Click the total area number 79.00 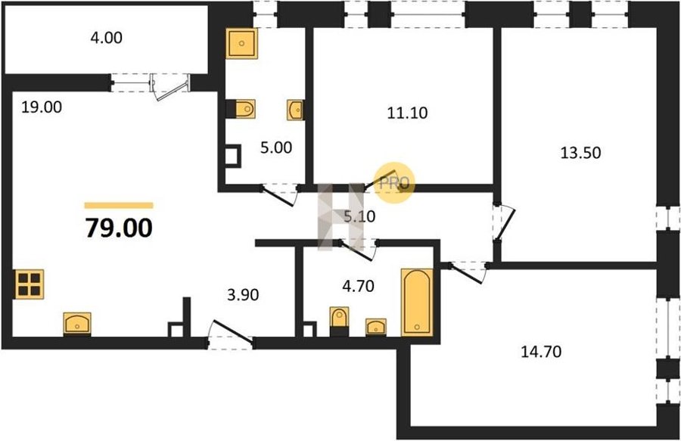click(x=118, y=226)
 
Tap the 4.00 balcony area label click(x=106, y=36)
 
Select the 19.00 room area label click(x=42, y=107)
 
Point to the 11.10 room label click(x=406, y=113)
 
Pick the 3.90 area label click(x=243, y=296)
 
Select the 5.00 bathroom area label click(x=276, y=148)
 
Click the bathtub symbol click(x=416, y=301)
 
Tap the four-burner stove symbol click(x=28, y=284)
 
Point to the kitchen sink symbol click(x=77, y=323)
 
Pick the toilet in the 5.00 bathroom click(x=244, y=110)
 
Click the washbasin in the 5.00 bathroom click(x=295, y=111)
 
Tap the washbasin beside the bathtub click(x=375, y=326)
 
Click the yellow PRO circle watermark click(x=395, y=183)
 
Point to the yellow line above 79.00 click(x=118, y=205)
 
